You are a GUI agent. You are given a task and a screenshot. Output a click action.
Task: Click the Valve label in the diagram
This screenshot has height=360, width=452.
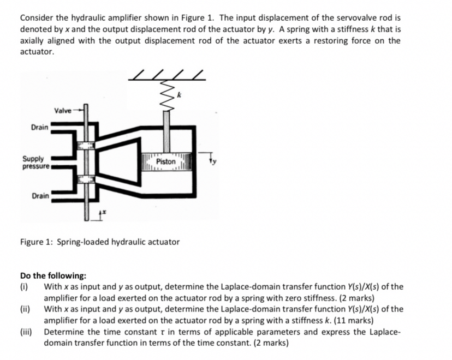click(x=62, y=110)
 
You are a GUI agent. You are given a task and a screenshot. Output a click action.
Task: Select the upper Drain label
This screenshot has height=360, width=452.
click(x=39, y=127)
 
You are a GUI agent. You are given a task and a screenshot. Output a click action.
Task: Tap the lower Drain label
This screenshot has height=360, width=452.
click(x=39, y=195)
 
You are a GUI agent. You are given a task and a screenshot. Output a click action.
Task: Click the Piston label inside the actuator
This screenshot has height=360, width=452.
click(x=165, y=162)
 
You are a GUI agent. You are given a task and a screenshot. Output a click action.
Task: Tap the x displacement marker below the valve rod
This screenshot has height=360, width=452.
click(x=103, y=214)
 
